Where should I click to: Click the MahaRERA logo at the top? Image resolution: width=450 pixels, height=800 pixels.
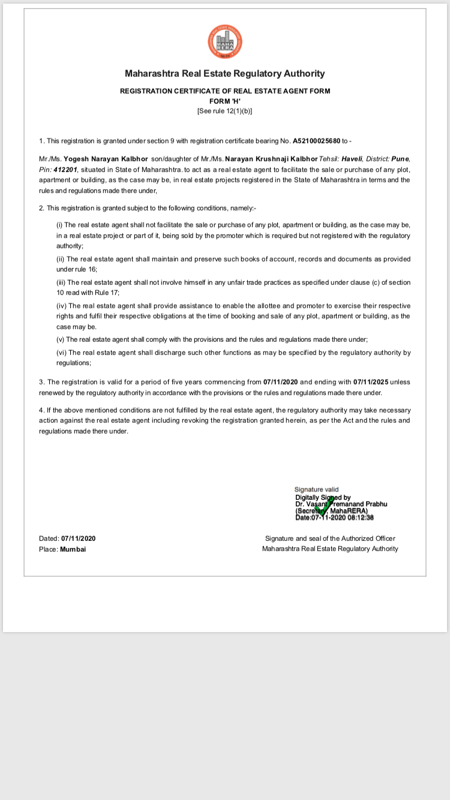click(x=224, y=42)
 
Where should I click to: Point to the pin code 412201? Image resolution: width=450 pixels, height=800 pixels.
click(x=66, y=170)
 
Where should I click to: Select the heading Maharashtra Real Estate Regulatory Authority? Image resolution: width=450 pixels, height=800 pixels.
click(x=224, y=74)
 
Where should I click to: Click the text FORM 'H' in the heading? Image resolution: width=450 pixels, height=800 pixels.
click(x=225, y=101)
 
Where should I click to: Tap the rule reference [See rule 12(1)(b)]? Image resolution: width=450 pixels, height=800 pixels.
click(x=225, y=111)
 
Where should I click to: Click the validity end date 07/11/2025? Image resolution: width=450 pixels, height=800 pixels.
click(x=370, y=382)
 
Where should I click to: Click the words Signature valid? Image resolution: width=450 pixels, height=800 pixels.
click(x=316, y=490)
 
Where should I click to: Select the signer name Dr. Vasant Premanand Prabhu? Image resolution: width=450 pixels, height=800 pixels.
click(x=341, y=504)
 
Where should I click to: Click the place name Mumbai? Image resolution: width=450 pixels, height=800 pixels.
click(x=73, y=549)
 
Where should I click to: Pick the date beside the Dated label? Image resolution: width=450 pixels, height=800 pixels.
click(x=78, y=539)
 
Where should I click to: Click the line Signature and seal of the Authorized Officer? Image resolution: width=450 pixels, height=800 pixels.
click(x=330, y=539)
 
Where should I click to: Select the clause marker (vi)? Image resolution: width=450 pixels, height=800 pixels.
click(x=61, y=353)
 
